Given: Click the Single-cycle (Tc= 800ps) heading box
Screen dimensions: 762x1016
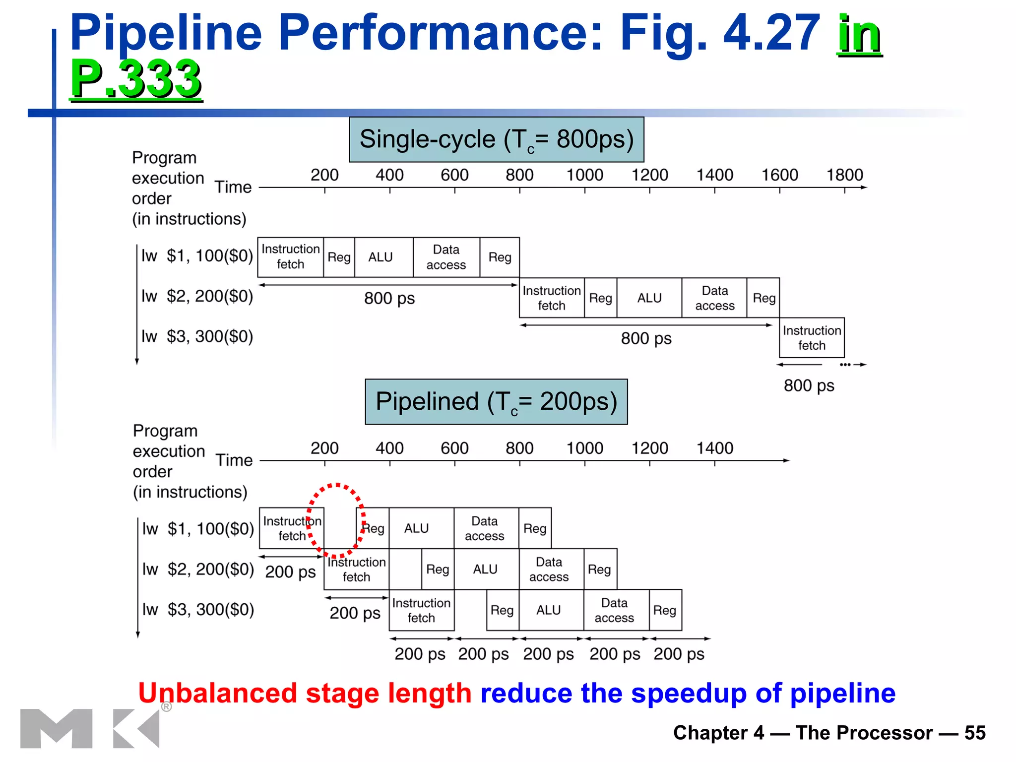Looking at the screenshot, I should click(496, 139).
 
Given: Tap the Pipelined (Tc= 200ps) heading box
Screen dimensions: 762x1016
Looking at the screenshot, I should click(496, 401).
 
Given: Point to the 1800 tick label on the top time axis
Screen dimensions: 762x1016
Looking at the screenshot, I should click(844, 175).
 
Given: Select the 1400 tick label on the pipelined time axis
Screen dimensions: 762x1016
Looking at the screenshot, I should click(714, 448).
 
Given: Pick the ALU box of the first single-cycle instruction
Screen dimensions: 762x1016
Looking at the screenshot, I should click(381, 257).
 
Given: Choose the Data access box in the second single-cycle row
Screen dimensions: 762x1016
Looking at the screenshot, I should click(714, 298).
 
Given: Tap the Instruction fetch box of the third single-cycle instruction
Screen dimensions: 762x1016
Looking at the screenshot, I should click(812, 338).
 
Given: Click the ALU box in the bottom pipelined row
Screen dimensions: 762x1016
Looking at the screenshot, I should click(548, 610).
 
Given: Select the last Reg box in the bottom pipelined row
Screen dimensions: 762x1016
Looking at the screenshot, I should click(665, 610).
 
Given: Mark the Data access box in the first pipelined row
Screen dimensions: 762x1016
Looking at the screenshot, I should click(485, 528).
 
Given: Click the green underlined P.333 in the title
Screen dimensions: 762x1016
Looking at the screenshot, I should click(135, 78).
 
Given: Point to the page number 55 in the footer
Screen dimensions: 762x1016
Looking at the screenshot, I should click(974, 733).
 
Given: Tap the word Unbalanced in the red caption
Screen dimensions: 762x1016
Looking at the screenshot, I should click(217, 693).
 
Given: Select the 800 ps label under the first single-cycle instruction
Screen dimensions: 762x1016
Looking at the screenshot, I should click(389, 299).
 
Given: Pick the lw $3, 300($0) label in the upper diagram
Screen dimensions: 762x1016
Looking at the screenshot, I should click(197, 336).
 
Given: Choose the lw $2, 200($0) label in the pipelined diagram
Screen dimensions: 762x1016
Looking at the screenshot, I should click(198, 569).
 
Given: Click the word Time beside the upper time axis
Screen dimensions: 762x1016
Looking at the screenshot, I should click(233, 187).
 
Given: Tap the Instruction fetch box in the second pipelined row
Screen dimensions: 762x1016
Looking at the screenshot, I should click(356, 570).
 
